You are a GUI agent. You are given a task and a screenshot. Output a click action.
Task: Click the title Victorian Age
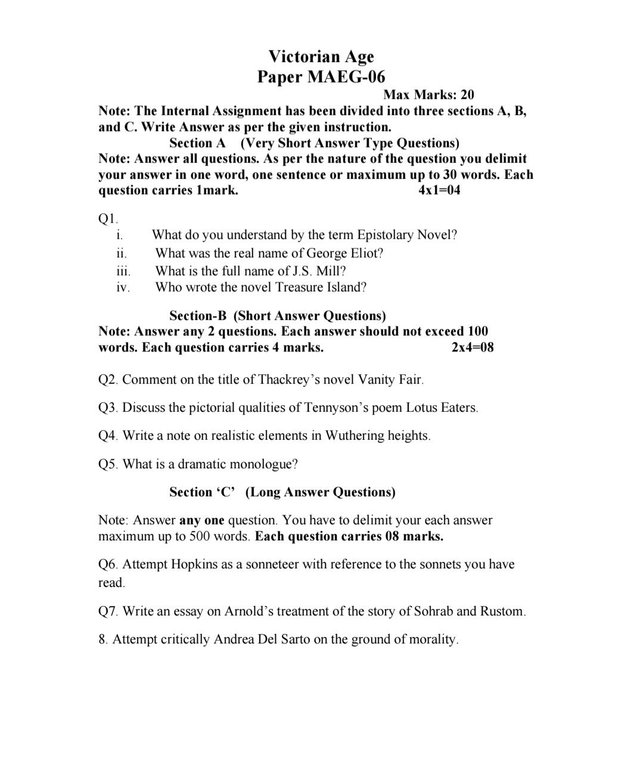point(321,57)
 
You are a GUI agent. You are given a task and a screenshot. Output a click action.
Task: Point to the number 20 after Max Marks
point(467,95)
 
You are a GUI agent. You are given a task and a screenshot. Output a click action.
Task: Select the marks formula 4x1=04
point(440,191)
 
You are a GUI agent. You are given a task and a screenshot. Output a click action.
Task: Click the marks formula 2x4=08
point(473,348)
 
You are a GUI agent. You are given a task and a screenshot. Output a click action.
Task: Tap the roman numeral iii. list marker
point(123,271)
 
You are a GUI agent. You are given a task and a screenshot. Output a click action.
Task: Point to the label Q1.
point(108,219)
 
